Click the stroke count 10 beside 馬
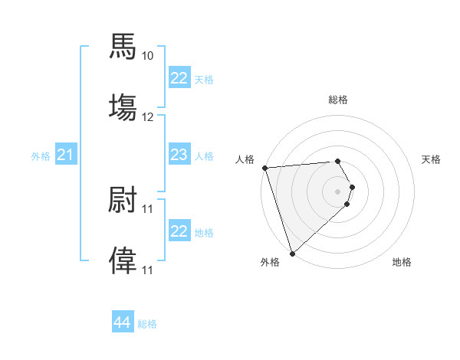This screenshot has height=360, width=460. click(x=147, y=56)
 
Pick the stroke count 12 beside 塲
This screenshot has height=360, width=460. click(x=147, y=117)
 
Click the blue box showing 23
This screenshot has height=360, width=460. click(x=179, y=155)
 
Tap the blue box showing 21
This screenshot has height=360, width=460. click(x=65, y=155)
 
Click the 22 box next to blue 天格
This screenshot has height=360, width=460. click(x=179, y=78)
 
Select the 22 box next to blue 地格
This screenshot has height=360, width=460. click(x=179, y=231)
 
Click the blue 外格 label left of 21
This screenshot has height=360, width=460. click(x=41, y=156)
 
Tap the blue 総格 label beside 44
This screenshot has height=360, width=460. click(x=147, y=324)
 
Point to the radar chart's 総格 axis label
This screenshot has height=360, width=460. click(x=338, y=100)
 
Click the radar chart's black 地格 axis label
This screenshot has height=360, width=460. click(x=402, y=262)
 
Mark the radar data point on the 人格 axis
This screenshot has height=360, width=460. click(x=264, y=168)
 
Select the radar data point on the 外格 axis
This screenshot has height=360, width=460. click(x=292, y=253)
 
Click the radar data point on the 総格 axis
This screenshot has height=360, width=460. click(x=338, y=161)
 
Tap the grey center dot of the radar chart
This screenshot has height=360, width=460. click(x=338, y=191)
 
